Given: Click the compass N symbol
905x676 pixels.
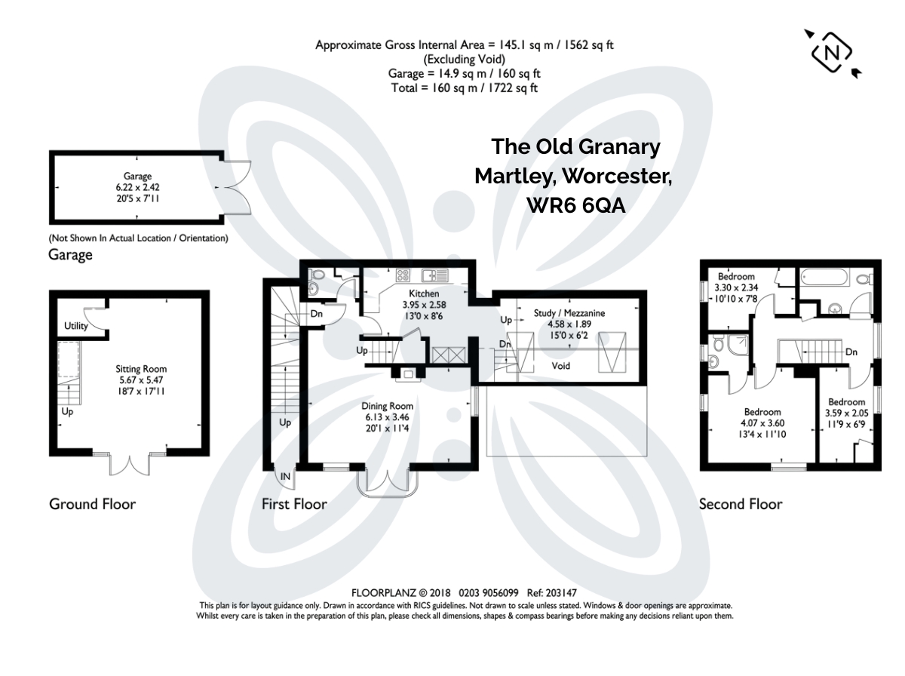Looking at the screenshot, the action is point(831,54).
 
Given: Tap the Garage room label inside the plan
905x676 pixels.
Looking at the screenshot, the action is point(137,176).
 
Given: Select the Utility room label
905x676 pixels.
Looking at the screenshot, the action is point(76,326).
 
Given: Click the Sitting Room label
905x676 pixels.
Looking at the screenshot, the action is point(141,369).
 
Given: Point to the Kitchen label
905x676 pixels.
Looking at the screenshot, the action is point(424,293).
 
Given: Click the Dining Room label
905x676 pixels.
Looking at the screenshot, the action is point(387,406).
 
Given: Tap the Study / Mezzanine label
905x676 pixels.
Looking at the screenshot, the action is point(569,313).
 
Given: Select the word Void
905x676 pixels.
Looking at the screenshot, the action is point(561,366).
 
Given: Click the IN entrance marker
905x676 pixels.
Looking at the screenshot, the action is point(285,476).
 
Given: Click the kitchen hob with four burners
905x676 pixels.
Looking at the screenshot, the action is point(403,275).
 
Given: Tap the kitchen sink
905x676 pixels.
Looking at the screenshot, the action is point(434,275).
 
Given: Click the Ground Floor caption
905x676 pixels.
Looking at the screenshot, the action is point(92,504).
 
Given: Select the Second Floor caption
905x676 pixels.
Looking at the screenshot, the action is point(741,504).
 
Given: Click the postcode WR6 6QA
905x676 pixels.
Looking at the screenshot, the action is point(576,205).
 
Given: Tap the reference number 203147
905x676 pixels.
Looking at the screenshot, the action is point(561,593).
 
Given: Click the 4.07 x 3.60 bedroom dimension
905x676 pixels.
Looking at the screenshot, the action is point(762,422).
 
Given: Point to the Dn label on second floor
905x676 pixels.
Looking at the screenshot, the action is point(851,352).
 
